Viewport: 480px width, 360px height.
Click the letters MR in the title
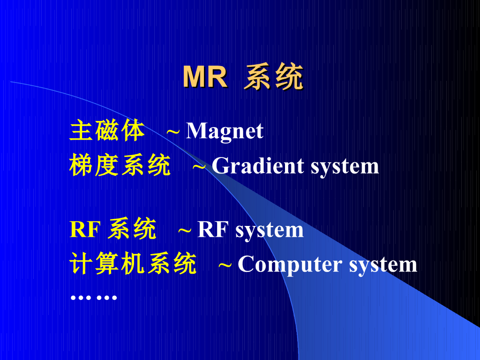(x=205, y=77)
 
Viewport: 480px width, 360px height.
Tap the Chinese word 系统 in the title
(x=273, y=77)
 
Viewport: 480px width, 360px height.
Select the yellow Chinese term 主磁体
(x=107, y=131)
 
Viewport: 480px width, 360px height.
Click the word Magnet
(x=225, y=131)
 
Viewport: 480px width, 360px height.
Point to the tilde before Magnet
(x=173, y=131)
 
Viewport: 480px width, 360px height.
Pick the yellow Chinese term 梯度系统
(x=120, y=166)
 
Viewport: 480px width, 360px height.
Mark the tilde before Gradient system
(x=199, y=166)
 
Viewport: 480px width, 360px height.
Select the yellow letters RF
(x=86, y=230)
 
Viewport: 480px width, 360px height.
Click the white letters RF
(x=213, y=230)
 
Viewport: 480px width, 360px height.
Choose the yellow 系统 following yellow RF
(x=132, y=230)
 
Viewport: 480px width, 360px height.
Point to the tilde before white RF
(x=185, y=230)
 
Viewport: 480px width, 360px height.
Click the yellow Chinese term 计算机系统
(x=133, y=264)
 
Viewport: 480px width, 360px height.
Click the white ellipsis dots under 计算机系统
(x=93, y=298)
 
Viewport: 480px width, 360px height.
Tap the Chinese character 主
(x=80, y=131)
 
